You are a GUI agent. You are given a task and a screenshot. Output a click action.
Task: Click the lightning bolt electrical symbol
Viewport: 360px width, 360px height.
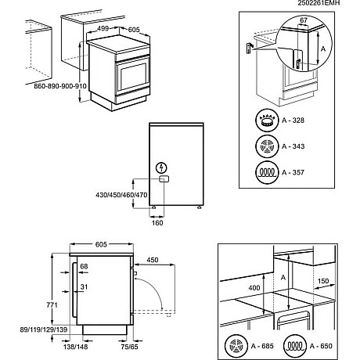(x=161, y=167)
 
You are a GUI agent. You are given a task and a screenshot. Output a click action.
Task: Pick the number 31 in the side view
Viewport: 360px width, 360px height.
(x=84, y=286)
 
